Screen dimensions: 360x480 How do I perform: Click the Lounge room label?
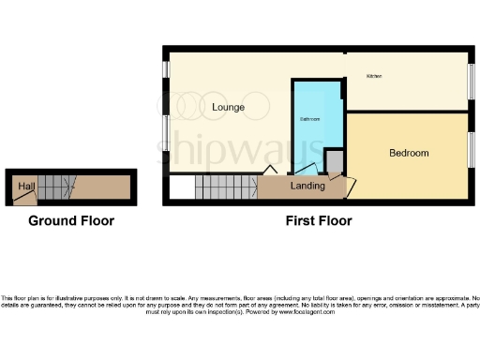(228, 107)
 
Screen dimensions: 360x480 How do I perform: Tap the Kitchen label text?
(375, 75)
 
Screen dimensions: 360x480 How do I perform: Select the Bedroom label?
(409, 153)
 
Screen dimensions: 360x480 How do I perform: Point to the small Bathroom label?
(309, 120)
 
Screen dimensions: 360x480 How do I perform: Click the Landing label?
(307, 186)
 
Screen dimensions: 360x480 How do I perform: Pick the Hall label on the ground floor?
(23, 186)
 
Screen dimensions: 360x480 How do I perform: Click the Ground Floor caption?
(71, 221)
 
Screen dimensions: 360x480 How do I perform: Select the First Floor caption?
(319, 221)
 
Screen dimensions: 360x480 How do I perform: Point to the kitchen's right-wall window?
(472, 78)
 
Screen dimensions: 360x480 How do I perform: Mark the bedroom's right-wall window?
(472, 150)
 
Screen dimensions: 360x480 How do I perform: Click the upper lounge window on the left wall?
(166, 69)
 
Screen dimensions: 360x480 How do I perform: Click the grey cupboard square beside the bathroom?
(335, 161)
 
